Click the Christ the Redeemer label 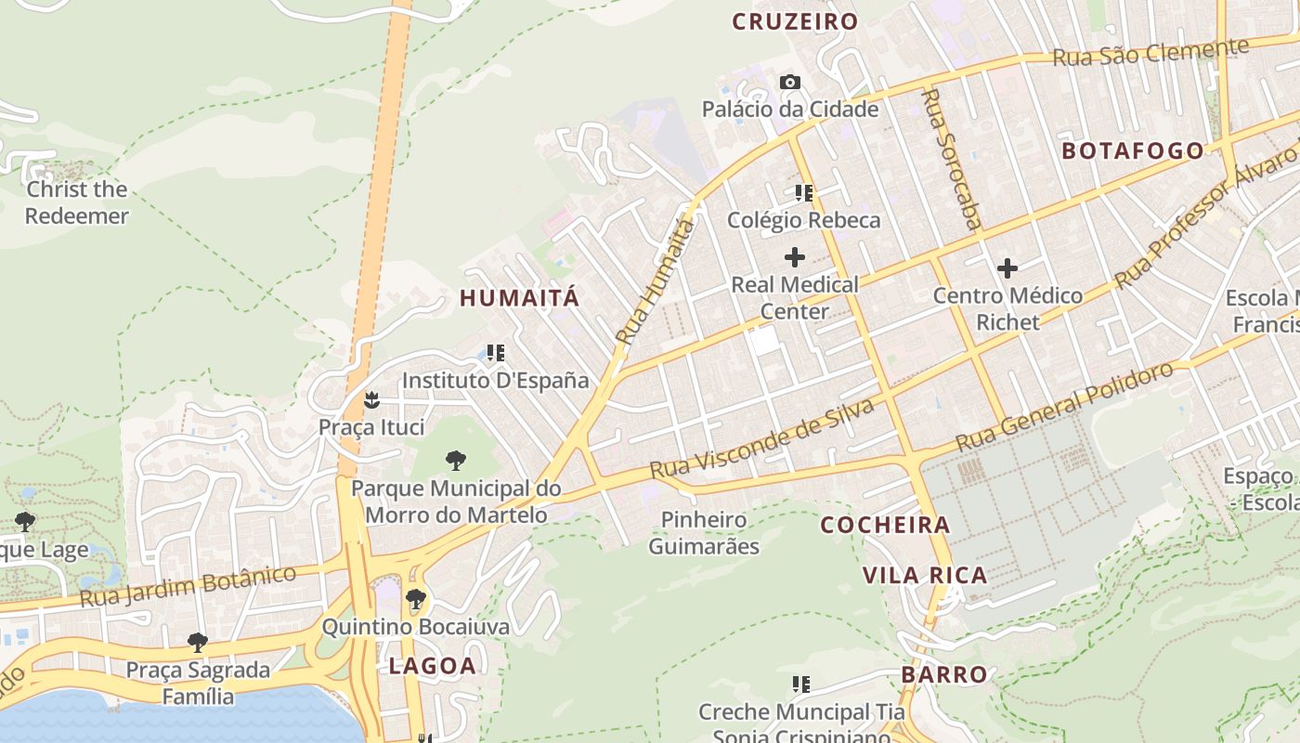(x=76, y=202)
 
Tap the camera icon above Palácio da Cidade (x=790, y=83)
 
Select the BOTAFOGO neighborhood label (x=1132, y=150)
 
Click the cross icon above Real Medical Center (x=795, y=257)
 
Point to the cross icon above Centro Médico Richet (x=1007, y=269)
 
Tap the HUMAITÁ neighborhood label (x=519, y=298)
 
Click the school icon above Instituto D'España (x=496, y=353)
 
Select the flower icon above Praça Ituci (x=371, y=400)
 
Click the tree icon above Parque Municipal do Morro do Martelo (x=455, y=460)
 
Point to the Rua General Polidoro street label (x=1065, y=406)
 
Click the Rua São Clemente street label (x=1150, y=52)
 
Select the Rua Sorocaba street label (x=951, y=158)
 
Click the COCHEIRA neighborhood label (x=886, y=526)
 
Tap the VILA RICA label (x=925, y=576)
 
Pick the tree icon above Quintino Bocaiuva (x=416, y=599)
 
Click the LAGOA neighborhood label (x=432, y=665)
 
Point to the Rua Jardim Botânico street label (x=188, y=586)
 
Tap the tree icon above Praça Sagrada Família (x=198, y=642)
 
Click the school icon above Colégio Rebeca (x=804, y=193)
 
